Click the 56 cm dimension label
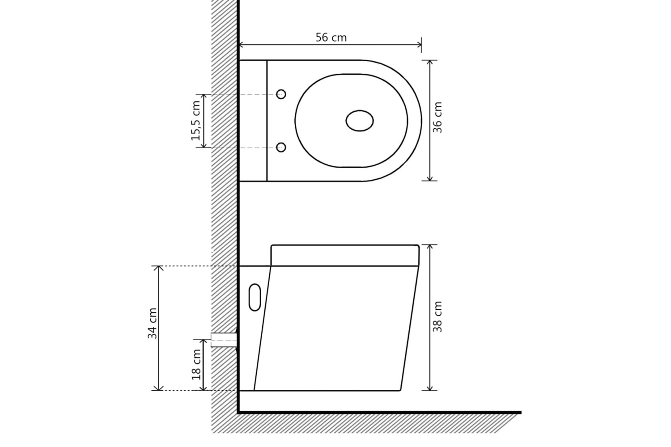[x=331, y=38]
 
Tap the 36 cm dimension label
[x=437, y=117]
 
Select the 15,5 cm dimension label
[x=196, y=121]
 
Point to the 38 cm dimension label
[x=437, y=316]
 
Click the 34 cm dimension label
[x=153, y=323]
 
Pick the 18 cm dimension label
[x=196, y=364]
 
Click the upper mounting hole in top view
[x=281, y=94]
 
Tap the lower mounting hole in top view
[x=281, y=148]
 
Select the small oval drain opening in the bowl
[x=360, y=121]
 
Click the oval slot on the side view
[x=255, y=297]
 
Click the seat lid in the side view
[x=344, y=255]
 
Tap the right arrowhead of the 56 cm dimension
[x=419, y=44]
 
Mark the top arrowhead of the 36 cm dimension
[x=430, y=62]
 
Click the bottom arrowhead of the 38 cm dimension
[x=430, y=388]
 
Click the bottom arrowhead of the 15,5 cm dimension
[x=204, y=145]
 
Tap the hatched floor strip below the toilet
[x=367, y=423]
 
